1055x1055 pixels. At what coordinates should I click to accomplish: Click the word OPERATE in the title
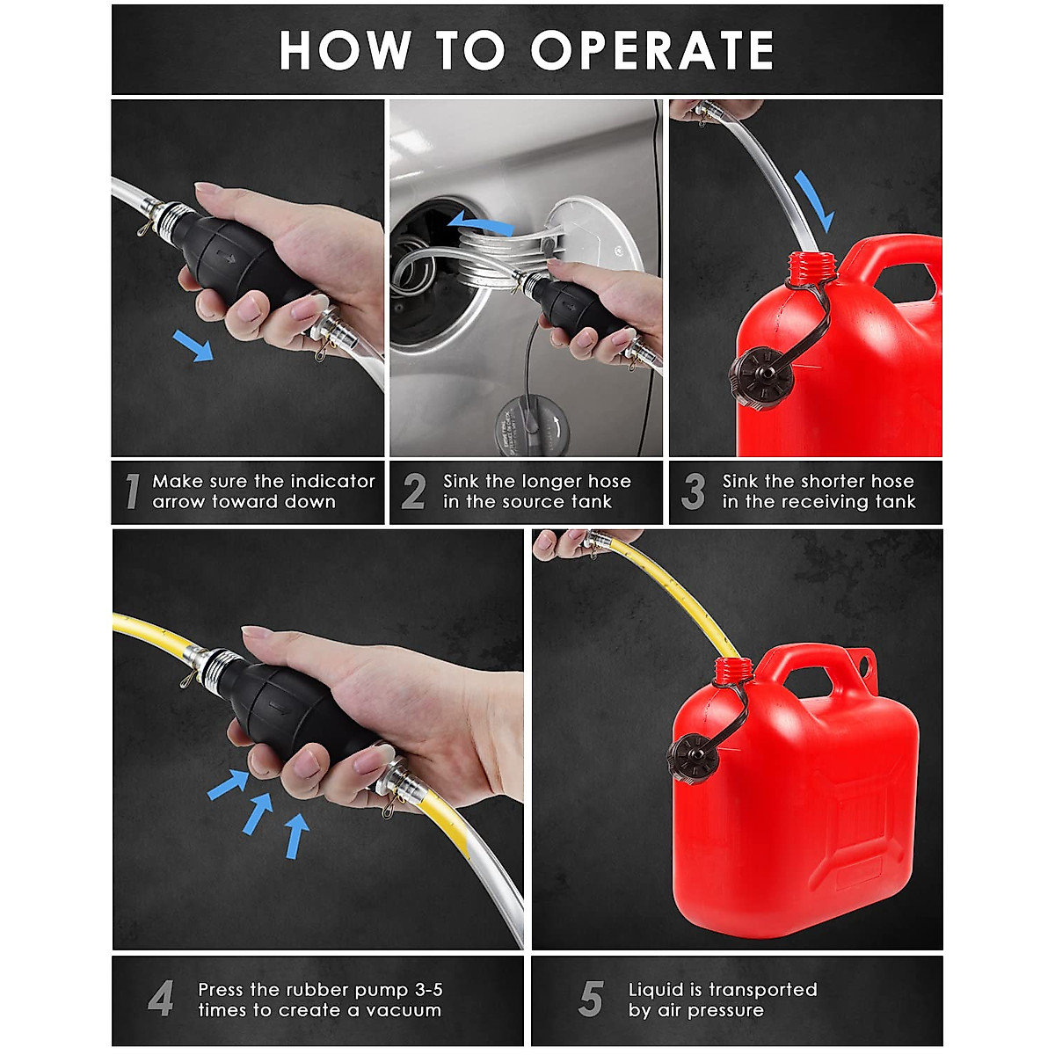(x=651, y=50)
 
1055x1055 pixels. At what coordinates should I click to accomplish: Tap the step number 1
(x=132, y=491)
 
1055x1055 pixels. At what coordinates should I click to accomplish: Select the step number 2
(x=414, y=491)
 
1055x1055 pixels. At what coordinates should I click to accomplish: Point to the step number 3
(x=694, y=491)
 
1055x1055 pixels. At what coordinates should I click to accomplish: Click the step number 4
(x=161, y=999)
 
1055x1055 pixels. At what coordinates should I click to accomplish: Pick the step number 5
(x=592, y=999)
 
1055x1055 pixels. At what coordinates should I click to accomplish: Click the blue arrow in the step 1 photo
(x=193, y=346)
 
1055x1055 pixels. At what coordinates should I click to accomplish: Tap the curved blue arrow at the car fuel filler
(x=480, y=223)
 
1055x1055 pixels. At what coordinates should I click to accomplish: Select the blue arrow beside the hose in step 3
(x=815, y=200)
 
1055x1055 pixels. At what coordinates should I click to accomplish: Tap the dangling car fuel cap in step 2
(x=531, y=426)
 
